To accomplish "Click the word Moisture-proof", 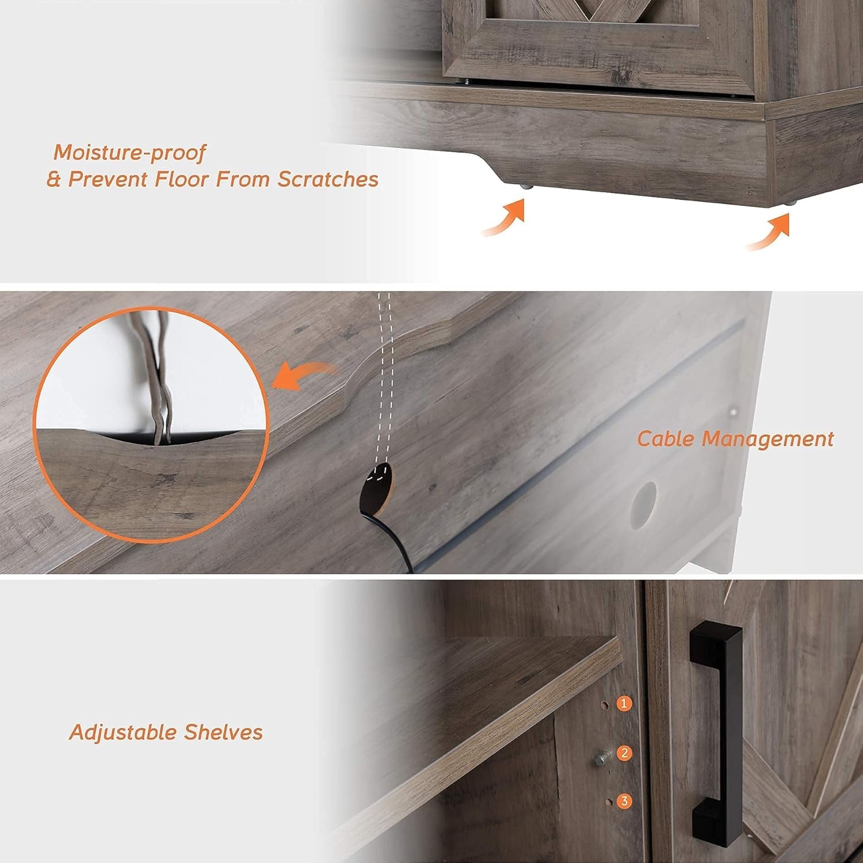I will [x=129, y=153].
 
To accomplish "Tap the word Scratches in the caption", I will [x=328, y=180].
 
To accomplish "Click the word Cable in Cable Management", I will [x=667, y=439].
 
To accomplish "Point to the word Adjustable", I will [x=123, y=732].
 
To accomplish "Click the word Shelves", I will [x=224, y=732].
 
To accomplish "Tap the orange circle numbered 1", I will [x=624, y=703].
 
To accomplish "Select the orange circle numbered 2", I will [x=624, y=753].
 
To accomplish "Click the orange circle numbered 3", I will [x=624, y=801].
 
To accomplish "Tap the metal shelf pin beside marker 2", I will [x=601, y=759].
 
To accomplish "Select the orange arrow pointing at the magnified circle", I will [x=302, y=377].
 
